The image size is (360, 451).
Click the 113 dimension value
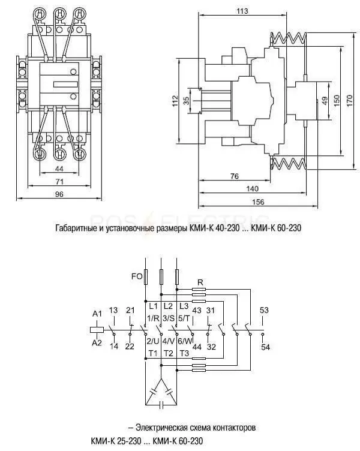(x=242, y=11)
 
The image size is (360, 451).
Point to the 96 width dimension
(x=59, y=194)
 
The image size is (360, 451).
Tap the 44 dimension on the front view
(x=59, y=169)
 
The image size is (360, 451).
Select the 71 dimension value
(x=59, y=182)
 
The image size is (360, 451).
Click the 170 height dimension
(x=349, y=101)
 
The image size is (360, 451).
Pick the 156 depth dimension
(x=258, y=202)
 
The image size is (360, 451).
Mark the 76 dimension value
(x=235, y=176)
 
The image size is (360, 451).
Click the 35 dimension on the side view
(x=187, y=100)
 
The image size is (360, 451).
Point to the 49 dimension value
(x=325, y=101)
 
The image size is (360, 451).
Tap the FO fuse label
(x=137, y=276)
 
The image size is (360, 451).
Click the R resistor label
(x=200, y=282)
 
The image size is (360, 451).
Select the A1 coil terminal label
(x=97, y=314)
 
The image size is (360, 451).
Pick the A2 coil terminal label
(x=97, y=342)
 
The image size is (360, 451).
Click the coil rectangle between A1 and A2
(x=97, y=330)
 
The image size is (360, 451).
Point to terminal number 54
(x=265, y=347)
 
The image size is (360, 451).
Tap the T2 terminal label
(x=169, y=353)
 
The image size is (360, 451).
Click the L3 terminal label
(x=184, y=306)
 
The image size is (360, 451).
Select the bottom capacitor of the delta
(x=161, y=405)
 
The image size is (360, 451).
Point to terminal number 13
(x=113, y=310)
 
